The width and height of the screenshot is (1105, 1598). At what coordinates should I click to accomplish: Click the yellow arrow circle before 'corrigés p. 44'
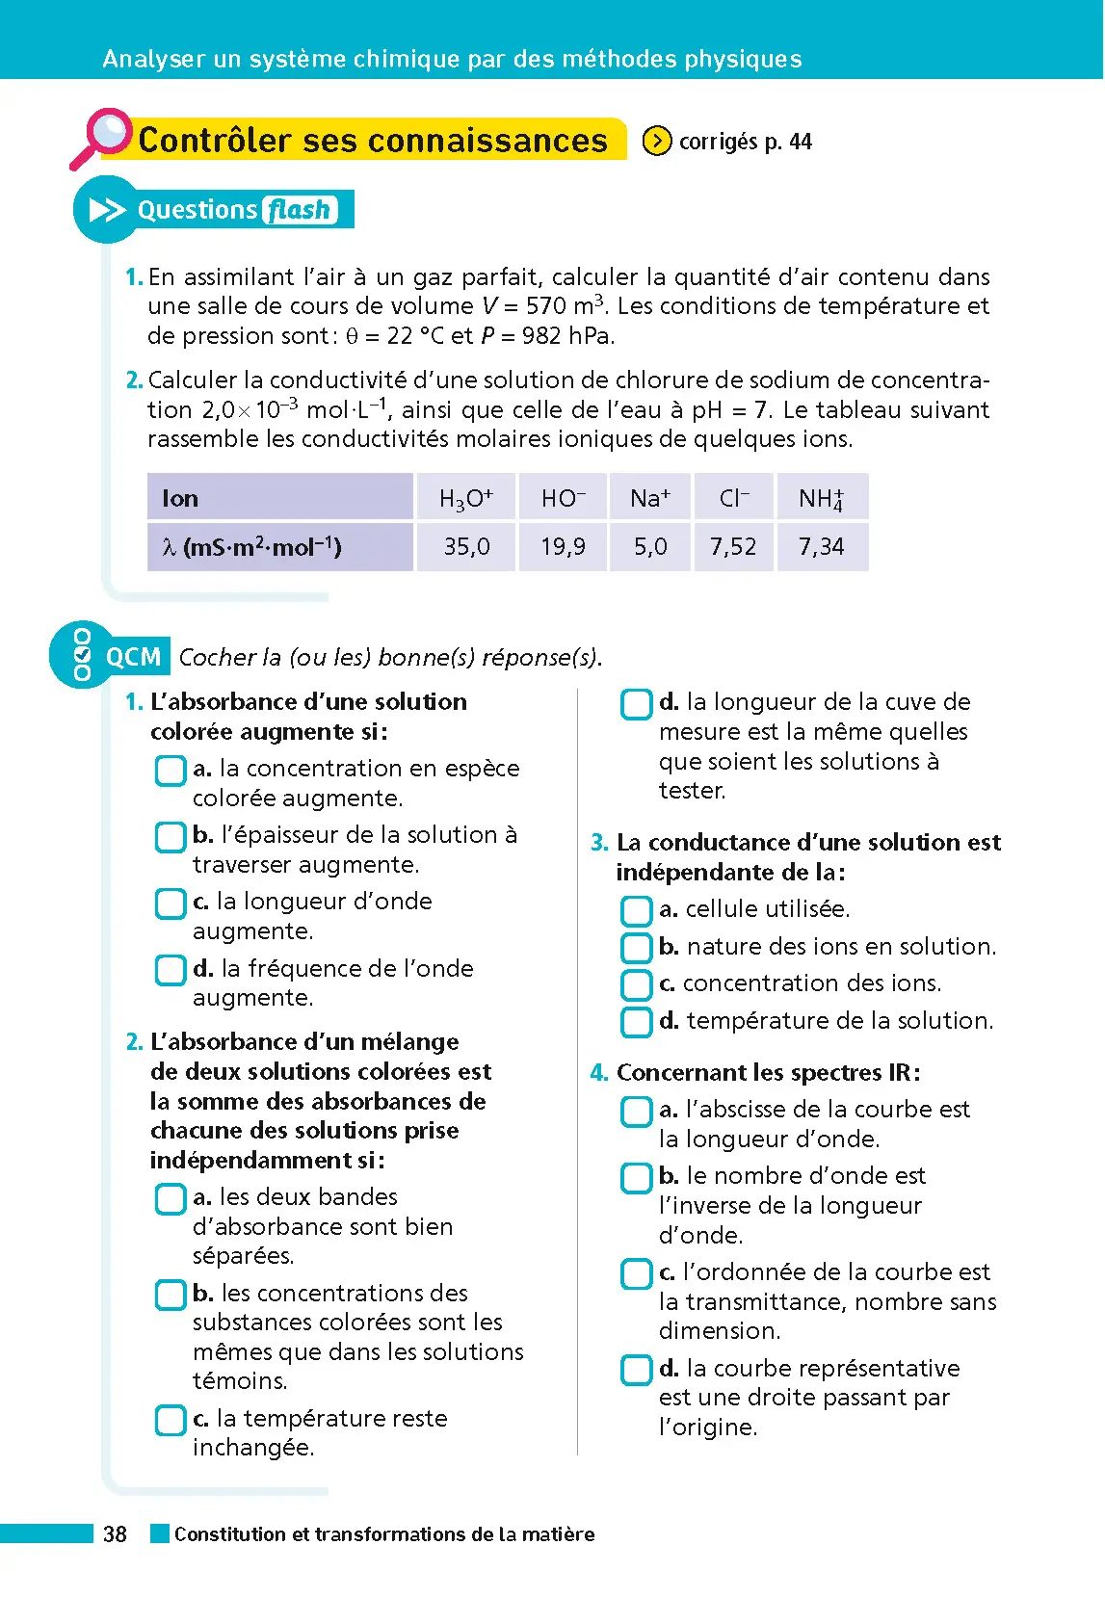pyautogui.click(x=657, y=142)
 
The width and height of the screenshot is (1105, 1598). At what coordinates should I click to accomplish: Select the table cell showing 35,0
pyautogui.click(x=466, y=547)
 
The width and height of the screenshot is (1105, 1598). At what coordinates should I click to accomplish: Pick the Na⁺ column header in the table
pyautogui.click(x=650, y=498)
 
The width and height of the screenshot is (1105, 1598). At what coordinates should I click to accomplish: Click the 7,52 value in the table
pyautogui.click(x=733, y=547)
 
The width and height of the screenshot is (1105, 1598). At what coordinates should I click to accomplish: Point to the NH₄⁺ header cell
pyautogui.click(x=822, y=498)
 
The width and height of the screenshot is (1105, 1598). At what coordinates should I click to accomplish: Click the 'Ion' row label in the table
pyautogui.click(x=181, y=498)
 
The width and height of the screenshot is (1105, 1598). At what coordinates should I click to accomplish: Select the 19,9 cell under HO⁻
pyautogui.click(x=563, y=547)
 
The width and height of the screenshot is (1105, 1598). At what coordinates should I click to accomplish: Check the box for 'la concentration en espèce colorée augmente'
pyautogui.click(x=171, y=770)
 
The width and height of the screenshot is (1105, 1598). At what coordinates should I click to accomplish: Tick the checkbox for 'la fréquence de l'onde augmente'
pyautogui.click(x=171, y=969)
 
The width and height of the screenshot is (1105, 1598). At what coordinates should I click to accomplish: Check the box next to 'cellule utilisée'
pyautogui.click(x=637, y=910)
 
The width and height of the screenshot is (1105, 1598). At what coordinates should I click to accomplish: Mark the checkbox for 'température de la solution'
pyautogui.click(x=637, y=1021)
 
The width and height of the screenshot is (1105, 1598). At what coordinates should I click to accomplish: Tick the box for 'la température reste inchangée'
pyautogui.click(x=171, y=1420)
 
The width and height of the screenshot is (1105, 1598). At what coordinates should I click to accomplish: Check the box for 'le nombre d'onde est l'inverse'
pyautogui.click(x=637, y=1177)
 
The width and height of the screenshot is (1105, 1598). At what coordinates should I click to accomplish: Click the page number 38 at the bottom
pyautogui.click(x=115, y=1534)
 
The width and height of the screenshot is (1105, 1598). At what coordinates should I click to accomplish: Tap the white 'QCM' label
pyautogui.click(x=133, y=657)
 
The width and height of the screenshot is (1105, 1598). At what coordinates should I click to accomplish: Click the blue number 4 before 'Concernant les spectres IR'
pyautogui.click(x=598, y=1073)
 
